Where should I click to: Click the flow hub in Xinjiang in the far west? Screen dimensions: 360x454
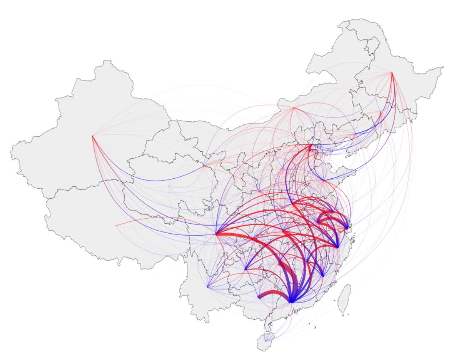pyautogui.click(x=92, y=136)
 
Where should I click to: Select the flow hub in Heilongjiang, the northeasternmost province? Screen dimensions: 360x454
pyautogui.click(x=392, y=73)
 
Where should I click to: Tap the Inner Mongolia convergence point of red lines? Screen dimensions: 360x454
pyautogui.click(x=294, y=108)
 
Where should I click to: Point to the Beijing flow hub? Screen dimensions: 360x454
pyautogui.click(x=310, y=145)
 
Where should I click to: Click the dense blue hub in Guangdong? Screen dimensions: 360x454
pyautogui.click(x=291, y=301)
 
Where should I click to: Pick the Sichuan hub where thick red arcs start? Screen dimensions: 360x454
pyautogui.click(x=216, y=234)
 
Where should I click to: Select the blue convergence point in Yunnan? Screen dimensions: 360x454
pyautogui.click(x=207, y=287)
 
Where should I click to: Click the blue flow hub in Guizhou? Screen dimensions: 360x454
pyautogui.click(x=246, y=269)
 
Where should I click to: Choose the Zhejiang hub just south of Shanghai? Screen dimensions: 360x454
pyautogui.click(x=337, y=247)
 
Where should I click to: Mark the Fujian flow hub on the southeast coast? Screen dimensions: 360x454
pyautogui.click(x=323, y=276)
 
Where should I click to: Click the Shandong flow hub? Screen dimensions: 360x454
pyautogui.click(x=323, y=180)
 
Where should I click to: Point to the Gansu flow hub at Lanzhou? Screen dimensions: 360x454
pyautogui.click(x=204, y=165)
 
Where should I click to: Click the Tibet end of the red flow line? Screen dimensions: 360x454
pyautogui.click(x=115, y=226)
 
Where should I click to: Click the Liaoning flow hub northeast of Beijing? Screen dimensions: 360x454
pyautogui.click(x=355, y=135)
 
